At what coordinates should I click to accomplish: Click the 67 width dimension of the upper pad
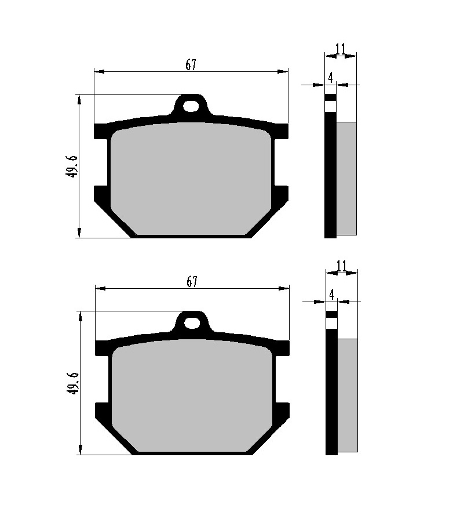191,65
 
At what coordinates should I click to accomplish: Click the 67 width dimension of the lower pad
192,281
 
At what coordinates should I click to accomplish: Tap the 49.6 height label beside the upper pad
72,166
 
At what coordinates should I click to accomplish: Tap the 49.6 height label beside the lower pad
73,383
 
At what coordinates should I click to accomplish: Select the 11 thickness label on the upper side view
340,49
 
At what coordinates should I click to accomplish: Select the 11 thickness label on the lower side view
341,266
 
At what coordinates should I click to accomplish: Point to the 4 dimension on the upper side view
330,78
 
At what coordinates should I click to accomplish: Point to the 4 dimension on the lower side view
331,295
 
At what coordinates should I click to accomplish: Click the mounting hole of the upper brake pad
191,106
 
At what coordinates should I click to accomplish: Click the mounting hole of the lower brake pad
192,323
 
